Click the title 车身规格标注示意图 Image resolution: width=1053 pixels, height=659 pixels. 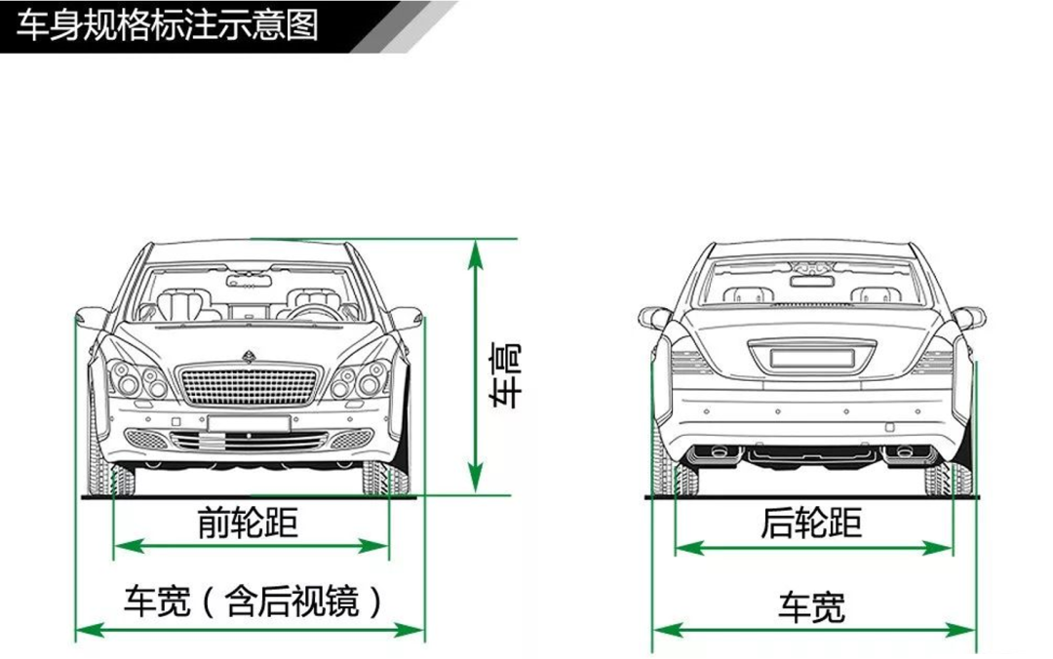click(168, 23)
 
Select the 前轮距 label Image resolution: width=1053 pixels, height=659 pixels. click(248, 523)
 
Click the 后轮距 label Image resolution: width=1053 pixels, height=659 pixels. click(812, 523)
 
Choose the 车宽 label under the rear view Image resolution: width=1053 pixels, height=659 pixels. click(812, 606)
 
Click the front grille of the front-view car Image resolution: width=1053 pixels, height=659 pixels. click(249, 386)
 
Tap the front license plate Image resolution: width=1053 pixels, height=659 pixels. click(249, 423)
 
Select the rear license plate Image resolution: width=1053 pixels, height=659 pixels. click(812, 358)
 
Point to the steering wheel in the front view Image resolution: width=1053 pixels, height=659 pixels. click(310, 313)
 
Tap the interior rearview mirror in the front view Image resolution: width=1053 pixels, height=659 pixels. click(249, 282)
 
